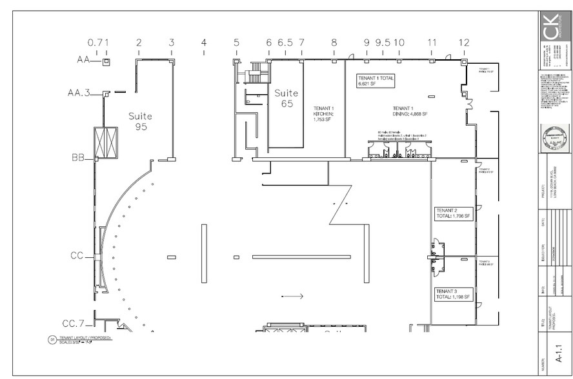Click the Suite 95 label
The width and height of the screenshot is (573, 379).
pyautogui.click(x=140, y=121)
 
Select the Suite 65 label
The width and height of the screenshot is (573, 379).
pyautogui.click(x=286, y=98)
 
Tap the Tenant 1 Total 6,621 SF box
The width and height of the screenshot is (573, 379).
pyautogui.click(x=376, y=81)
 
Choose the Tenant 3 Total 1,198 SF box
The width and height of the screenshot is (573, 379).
pyautogui.click(x=454, y=294)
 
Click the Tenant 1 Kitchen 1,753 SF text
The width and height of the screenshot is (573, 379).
pyautogui.click(x=323, y=113)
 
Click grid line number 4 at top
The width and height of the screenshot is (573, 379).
pyautogui.click(x=204, y=43)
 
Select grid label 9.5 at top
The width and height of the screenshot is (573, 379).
pyautogui.click(x=383, y=43)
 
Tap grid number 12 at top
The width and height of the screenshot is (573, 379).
pyautogui.click(x=464, y=43)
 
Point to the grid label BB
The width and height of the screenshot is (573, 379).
pyautogui.click(x=79, y=157)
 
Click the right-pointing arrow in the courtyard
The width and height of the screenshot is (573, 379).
pyautogui.click(x=292, y=296)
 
